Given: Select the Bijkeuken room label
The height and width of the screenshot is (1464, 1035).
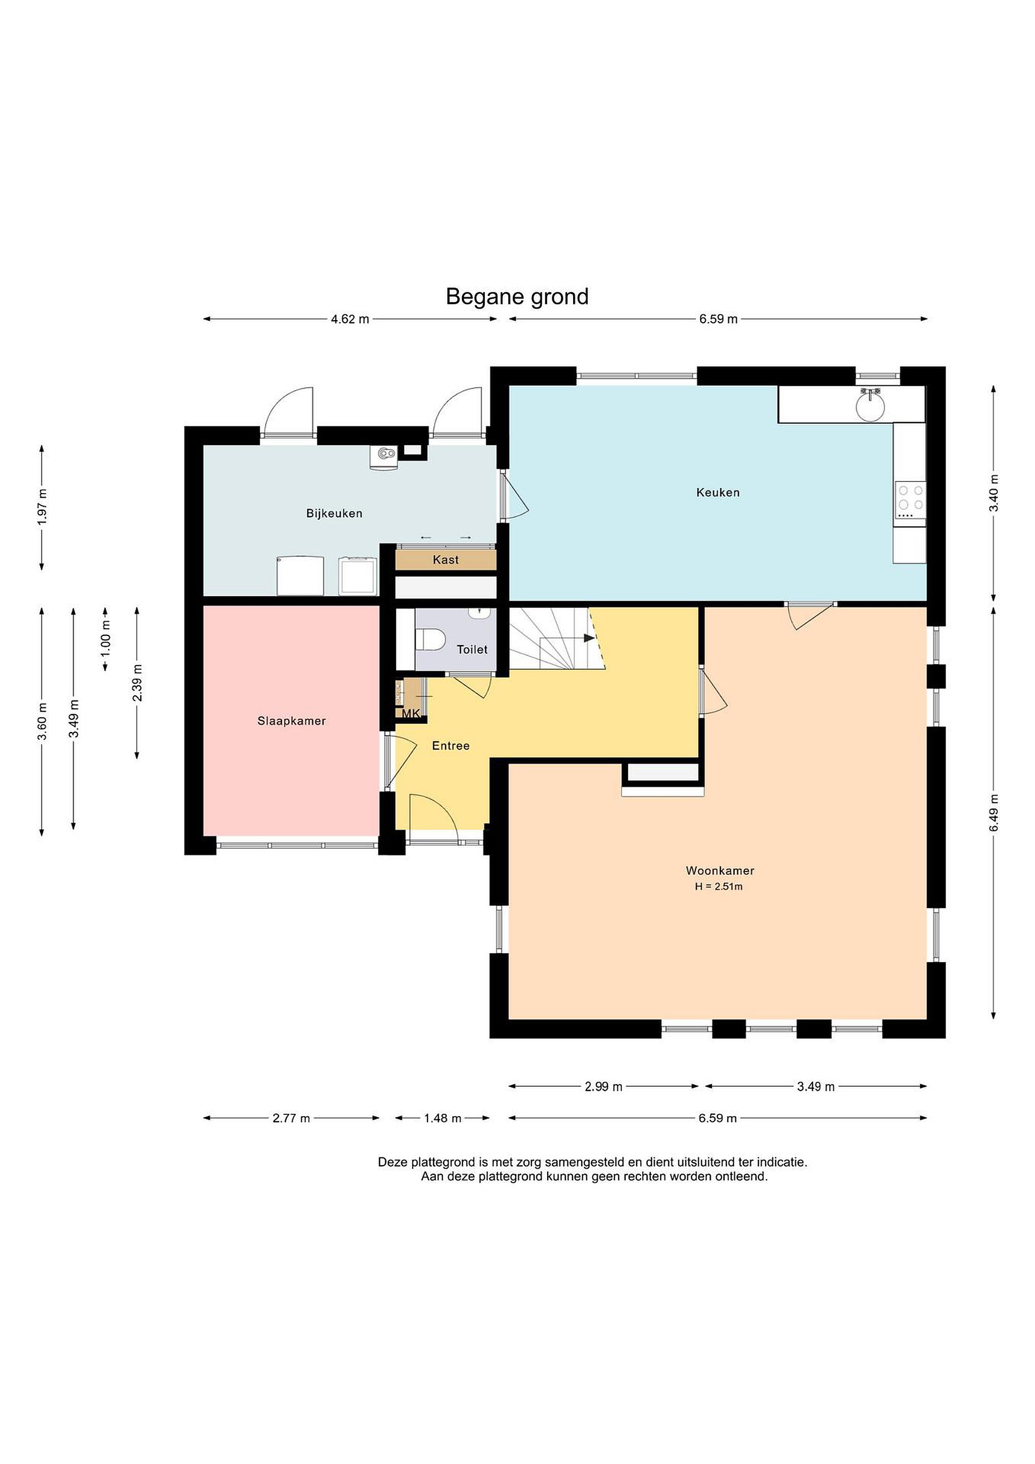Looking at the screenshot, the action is [x=334, y=513].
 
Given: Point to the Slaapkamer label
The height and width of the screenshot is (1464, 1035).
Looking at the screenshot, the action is [x=291, y=721].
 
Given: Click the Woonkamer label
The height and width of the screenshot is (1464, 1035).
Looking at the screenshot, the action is [x=720, y=870].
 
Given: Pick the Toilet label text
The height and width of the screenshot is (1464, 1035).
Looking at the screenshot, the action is [x=472, y=650].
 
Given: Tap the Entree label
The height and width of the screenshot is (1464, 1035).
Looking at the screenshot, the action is [x=451, y=745].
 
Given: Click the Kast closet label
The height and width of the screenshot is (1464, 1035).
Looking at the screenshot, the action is [x=446, y=560].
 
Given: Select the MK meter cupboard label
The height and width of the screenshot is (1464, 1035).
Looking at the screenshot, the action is [x=411, y=714].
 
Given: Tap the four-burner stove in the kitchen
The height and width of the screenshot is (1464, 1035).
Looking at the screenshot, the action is [x=910, y=501].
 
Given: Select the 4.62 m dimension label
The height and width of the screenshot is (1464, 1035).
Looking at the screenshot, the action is [x=350, y=319].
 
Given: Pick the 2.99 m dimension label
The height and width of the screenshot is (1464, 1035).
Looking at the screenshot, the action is [x=604, y=1086].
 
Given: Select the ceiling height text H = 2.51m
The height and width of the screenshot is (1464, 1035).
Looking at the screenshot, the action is [x=719, y=887].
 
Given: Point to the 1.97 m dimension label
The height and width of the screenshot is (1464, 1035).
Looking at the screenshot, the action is [x=43, y=507].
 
